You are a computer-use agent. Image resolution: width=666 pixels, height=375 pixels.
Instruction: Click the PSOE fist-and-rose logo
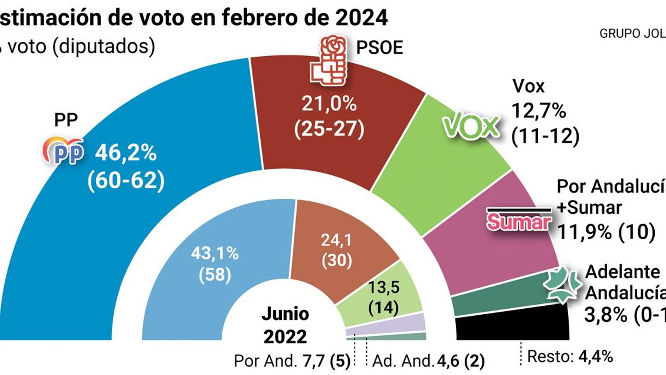click(x=329, y=61)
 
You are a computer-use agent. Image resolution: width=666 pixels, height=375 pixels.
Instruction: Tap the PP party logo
click(x=63, y=150)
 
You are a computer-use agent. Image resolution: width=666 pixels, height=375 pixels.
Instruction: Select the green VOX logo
click(x=470, y=126)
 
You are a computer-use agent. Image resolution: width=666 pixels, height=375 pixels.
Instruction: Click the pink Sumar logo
click(x=519, y=221)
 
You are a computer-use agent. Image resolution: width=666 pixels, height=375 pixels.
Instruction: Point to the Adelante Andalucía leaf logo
click(x=562, y=284)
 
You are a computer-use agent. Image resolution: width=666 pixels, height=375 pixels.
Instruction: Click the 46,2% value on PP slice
click(x=126, y=153)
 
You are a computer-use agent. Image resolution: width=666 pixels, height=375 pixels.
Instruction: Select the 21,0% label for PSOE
click(x=329, y=103)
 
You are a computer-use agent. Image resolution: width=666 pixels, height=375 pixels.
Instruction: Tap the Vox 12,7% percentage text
click(x=539, y=111)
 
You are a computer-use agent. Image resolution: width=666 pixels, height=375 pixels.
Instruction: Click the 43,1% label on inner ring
click(x=215, y=253)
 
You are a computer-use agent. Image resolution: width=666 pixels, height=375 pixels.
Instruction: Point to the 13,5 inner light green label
click(x=383, y=287)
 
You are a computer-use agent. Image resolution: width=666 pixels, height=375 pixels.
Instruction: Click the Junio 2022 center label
click(x=286, y=325)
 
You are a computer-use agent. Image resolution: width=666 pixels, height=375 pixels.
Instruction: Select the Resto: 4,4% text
click(x=569, y=357)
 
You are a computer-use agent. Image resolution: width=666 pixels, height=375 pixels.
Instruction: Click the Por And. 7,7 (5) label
click(x=292, y=361)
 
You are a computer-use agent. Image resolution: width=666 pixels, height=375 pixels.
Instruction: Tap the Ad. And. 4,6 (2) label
click(x=428, y=361)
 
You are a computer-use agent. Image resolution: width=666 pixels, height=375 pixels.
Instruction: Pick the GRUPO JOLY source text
click(x=632, y=34)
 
